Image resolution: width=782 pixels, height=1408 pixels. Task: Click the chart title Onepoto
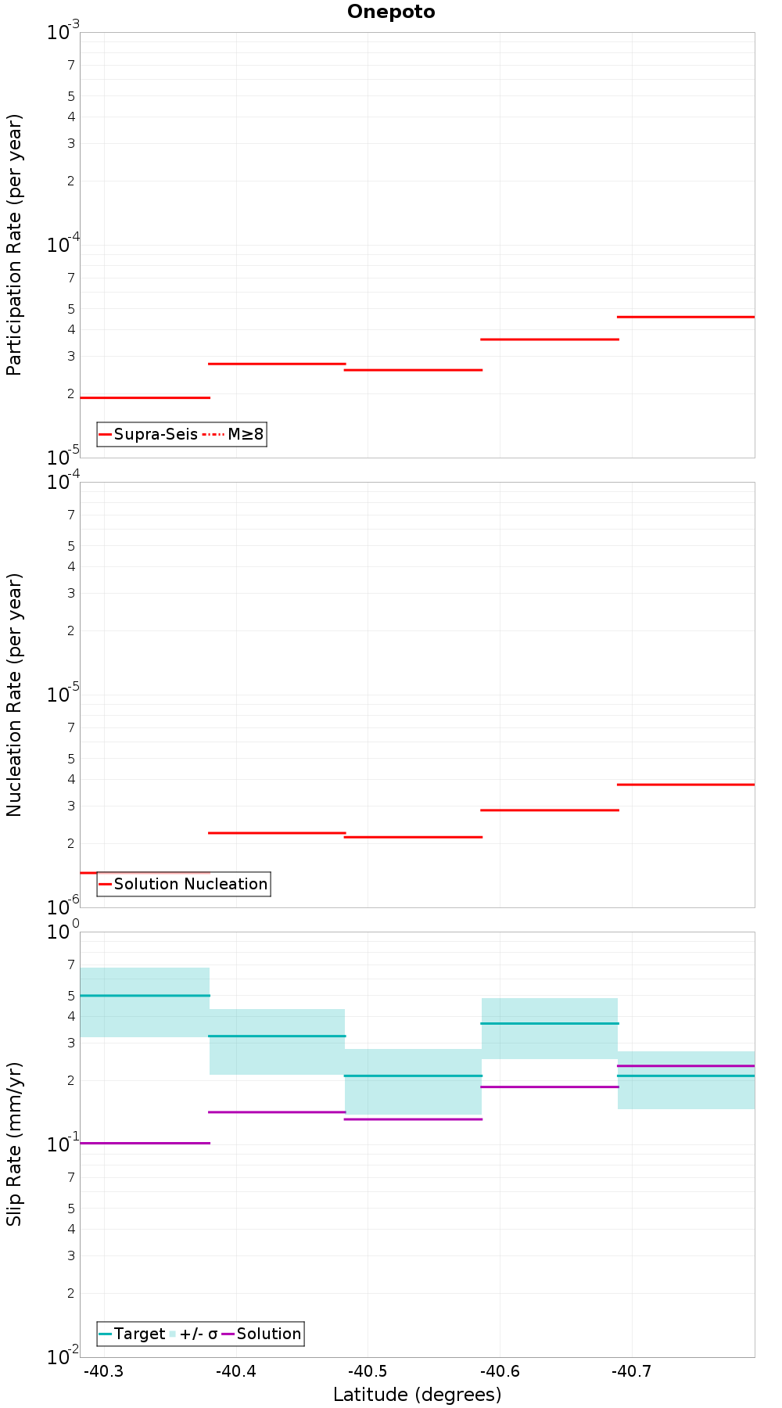click(x=391, y=12)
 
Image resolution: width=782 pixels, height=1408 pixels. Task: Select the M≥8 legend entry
click(x=233, y=434)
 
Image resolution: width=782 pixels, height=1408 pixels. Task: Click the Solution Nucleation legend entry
click(x=184, y=884)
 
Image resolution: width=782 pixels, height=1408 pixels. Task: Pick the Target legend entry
click(x=132, y=1334)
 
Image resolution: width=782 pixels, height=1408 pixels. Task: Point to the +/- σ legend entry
click(x=194, y=1334)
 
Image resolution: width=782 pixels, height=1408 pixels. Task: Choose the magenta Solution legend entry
click(x=261, y=1334)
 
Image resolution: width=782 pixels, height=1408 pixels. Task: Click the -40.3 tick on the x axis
click(x=103, y=1371)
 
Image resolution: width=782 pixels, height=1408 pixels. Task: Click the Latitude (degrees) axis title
click(x=417, y=1395)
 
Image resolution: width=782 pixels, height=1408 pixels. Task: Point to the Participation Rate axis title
click(x=14, y=245)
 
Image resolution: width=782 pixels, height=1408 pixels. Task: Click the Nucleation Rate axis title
click(x=14, y=695)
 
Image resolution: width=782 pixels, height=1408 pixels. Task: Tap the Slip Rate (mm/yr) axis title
click(x=14, y=1144)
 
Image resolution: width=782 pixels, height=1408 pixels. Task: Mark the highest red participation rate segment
click(x=686, y=317)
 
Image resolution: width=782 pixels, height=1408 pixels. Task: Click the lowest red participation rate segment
click(x=145, y=397)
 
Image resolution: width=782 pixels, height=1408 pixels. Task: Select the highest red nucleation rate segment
click(x=686, y=785)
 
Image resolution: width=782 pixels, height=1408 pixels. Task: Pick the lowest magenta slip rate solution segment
click(x=145, y=1143)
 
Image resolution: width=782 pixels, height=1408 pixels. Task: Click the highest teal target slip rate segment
click(x=145, y=995)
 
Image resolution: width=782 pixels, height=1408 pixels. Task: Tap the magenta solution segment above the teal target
click(x=686, y=1065)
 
